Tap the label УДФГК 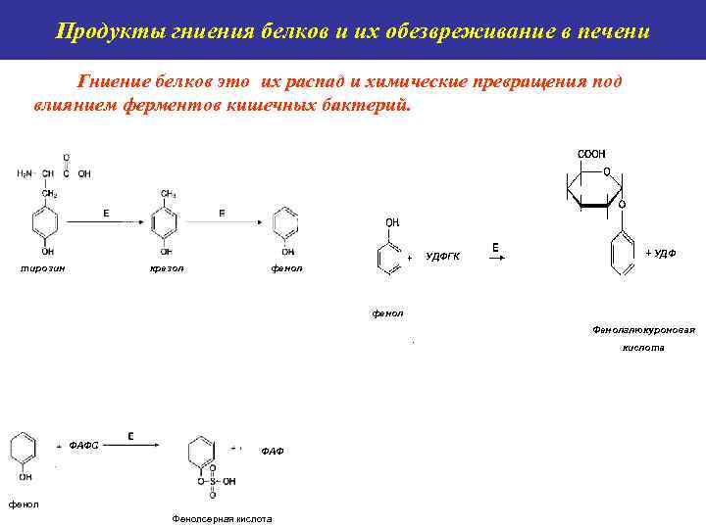point(443,257)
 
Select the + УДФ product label point(661,253)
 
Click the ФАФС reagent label point(84,445)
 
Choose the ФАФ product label point(273,451)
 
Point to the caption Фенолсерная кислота point(222,519)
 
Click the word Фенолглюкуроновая point(643,329)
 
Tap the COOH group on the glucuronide point(591,154)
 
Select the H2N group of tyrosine point(25,173)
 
